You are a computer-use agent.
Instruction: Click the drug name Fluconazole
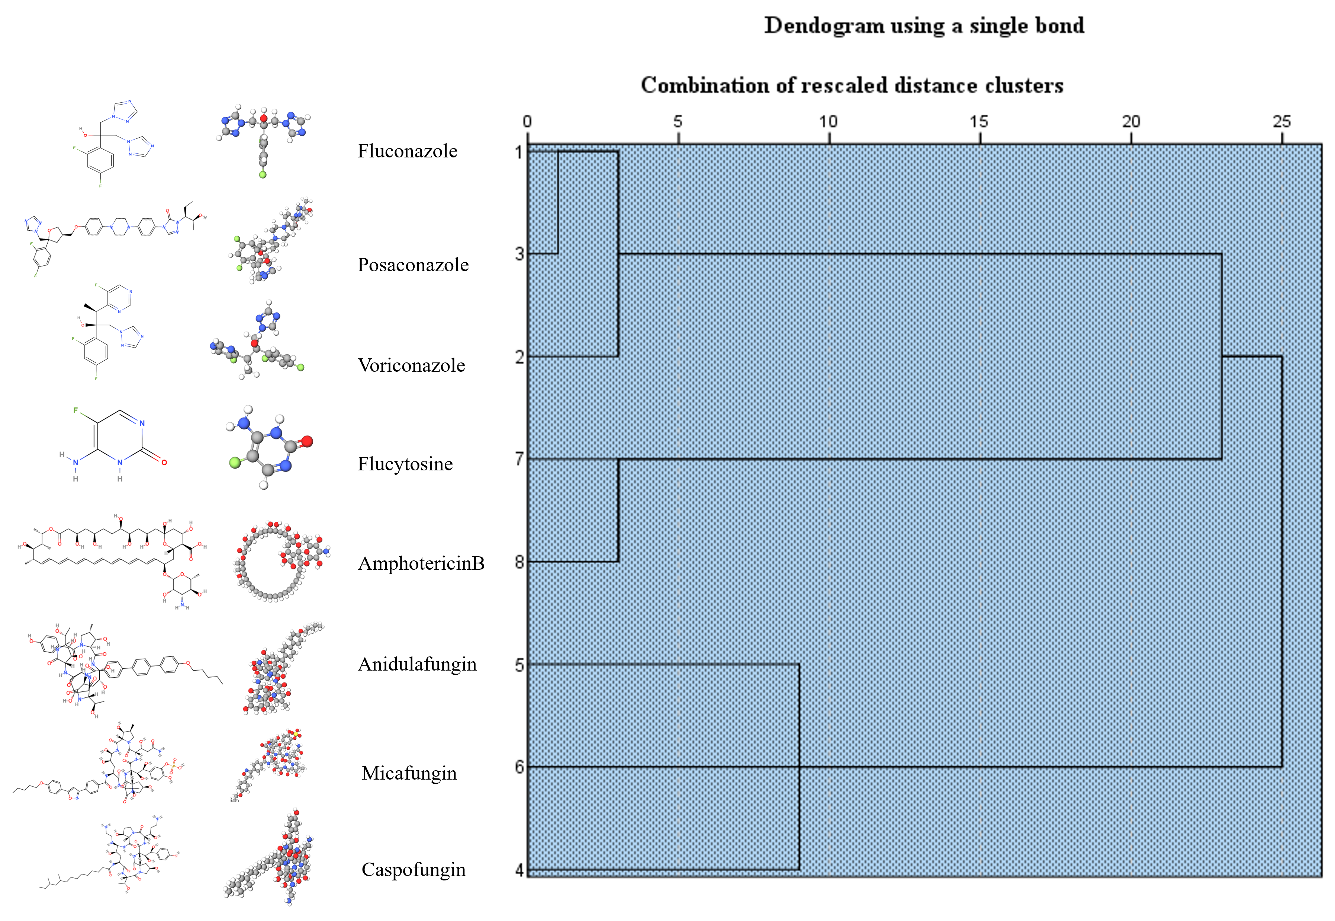coord(407,151)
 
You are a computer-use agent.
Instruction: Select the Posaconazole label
coord(413,265)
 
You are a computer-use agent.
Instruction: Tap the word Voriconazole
coord(411,365)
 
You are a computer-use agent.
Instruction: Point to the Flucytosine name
coord(405,464)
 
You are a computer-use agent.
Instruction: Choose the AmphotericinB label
coord(421,563)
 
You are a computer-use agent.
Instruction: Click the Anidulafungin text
coord(417,664)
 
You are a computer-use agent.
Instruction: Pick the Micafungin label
coord(409,773)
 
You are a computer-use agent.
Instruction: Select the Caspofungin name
coord(413,870)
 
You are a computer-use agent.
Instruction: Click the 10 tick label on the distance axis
coord(828,122)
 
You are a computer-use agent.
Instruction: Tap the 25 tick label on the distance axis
coord(1281,122)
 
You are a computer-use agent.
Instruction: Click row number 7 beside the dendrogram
coord(519,459)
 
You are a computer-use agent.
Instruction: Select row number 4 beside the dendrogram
coord(519,870)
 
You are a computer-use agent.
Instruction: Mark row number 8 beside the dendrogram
coord(519,562)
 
